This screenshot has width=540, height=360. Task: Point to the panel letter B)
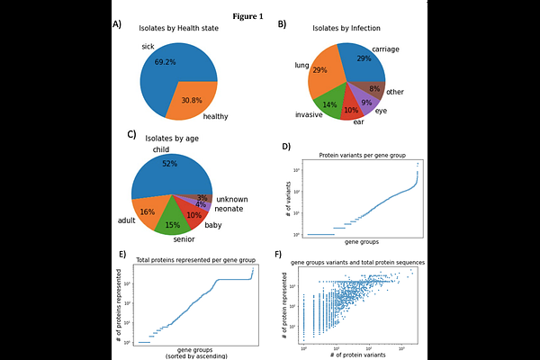[x=282, y=25]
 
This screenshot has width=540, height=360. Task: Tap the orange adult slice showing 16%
[x=147, y=211]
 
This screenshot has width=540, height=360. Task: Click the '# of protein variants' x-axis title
[x=358, y=355]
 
